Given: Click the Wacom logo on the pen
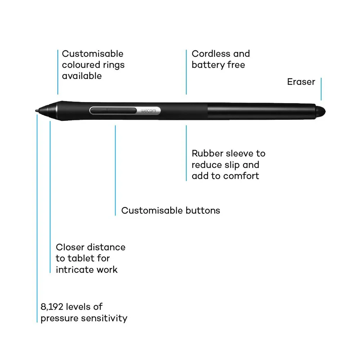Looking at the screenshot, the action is coord(148,111).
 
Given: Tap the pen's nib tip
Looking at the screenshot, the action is coord(36,111).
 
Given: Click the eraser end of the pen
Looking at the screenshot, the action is coord(320,112).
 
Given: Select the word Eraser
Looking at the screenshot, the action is coord(301,82).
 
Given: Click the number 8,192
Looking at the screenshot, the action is coord(52,307).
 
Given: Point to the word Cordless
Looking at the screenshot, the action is coord(211,54).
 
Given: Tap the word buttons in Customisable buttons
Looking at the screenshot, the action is coord(203,211).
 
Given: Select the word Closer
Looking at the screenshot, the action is coord(70,247).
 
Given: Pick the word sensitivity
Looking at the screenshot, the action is coord(104,318).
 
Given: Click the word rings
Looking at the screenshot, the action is coord(114,65).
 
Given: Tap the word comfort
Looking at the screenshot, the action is coord(241,176).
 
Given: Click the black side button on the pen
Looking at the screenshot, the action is coord(113,111).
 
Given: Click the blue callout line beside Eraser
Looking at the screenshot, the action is coord(321,89).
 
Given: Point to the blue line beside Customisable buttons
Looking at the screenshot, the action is coord(115,170).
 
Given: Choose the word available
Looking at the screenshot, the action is coord(82,76).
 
